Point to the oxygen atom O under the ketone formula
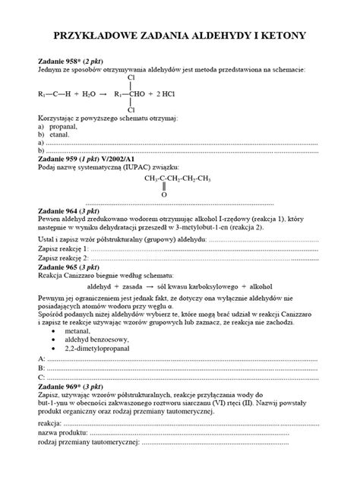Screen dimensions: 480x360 pyautogui.click(x=163, y=194)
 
